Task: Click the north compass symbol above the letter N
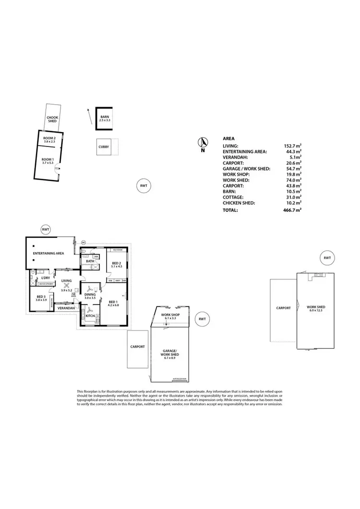[x=203, y=142]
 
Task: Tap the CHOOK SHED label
[x=52, y=119]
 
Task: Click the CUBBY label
[x=104, y=147]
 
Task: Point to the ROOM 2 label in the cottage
[x=49, y=138]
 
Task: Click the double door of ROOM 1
[x=57, y=168]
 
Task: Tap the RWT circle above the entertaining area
[x=46, y=230]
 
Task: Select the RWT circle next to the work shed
[x=327, y=258]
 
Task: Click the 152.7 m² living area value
[x=293, y=146]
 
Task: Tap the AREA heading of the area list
[x=228, y=137]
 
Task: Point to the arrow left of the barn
[x=88, y=116]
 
